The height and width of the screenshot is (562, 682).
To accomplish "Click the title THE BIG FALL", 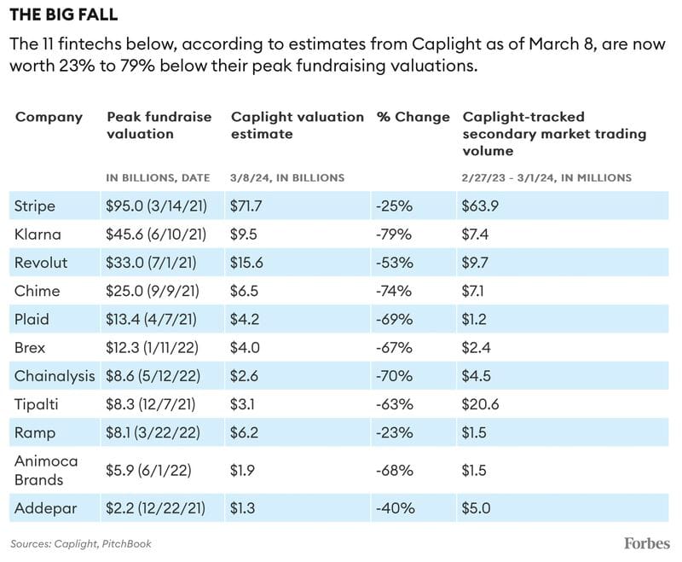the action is [x=63, y=14].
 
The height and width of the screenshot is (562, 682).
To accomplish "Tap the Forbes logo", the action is [x=647, y=543].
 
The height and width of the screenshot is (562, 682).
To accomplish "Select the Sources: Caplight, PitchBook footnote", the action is [x=81, y=544].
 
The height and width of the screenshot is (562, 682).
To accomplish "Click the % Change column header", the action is [x=413, y=117].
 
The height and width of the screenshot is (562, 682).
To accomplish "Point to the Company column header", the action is [x=49, y=118].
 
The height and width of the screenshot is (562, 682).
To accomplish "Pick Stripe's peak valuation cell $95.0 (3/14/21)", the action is [x=157, y=206].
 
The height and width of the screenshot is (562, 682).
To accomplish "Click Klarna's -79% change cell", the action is [x=394, y=235].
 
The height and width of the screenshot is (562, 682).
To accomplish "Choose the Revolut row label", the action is [x=41, y=263].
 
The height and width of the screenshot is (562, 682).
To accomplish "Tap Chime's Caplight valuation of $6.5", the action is [x=244, y=291].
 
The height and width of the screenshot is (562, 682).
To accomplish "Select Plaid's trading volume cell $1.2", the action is [x=474, y=319].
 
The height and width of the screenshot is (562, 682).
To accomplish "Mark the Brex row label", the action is [x=30, y=348].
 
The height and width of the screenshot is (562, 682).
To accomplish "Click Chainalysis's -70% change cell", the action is [x=394, y=376].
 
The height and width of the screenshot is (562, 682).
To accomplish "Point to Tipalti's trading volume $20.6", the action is [x=480, y=404].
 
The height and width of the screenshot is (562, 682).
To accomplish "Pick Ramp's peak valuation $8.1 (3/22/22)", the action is [x=153, y=433].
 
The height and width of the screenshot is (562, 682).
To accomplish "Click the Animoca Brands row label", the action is [x=46, y=470].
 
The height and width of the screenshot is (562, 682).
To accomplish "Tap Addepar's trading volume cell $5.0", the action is [x=476, y=508].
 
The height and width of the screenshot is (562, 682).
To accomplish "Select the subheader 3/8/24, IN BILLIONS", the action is [x=287, y=177].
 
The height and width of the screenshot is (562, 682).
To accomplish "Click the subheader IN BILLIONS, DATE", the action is [x=159, y=177].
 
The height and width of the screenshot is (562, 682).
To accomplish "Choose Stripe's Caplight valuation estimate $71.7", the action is [x=246, y=206].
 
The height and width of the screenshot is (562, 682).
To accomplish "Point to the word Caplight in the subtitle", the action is [x=445, y=44].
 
